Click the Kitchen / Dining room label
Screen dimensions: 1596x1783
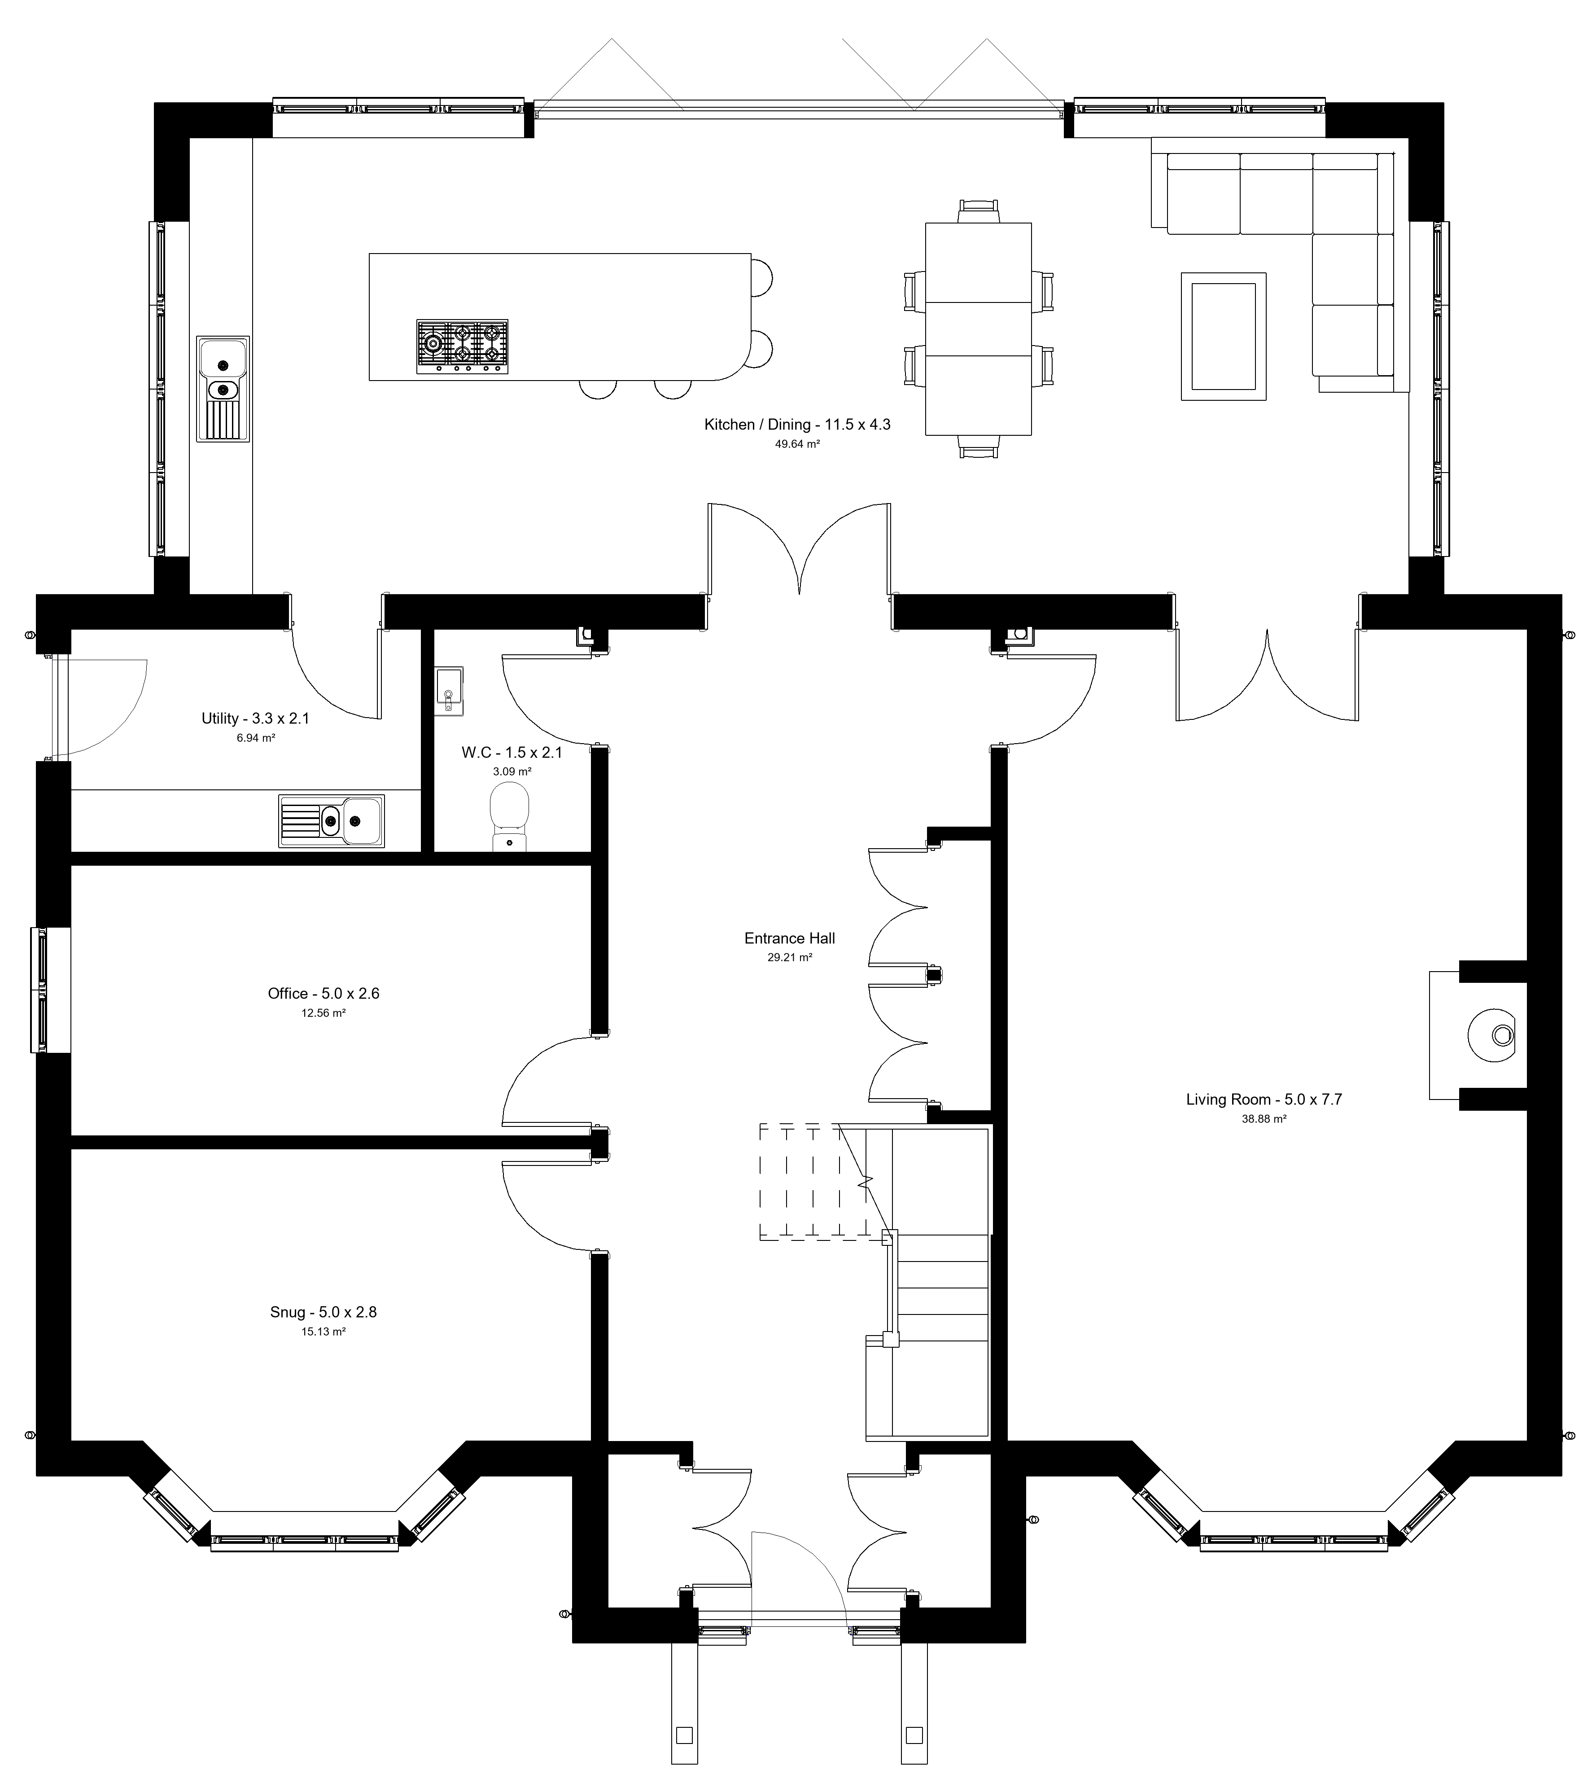pyautogui.click(x=797, y=425)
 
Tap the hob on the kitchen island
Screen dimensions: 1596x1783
pyautogui.click(x=462, y=346)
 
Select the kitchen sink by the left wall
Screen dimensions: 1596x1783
pyautogui.click(x=223, y=389)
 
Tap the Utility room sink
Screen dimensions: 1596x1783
pyautogui.click(x=332, y=821)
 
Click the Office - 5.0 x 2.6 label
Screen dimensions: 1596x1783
pyautogui.click(x=324, y=994)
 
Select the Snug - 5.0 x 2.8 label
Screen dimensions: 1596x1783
pyautogui.click(x=324, y=1312)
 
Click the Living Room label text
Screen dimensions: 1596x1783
pyautogui.click(x=1264, y=1099)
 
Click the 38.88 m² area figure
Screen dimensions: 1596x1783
pyautogui.click(x=1264, y=1119)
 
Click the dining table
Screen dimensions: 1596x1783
pyautogui.click(x=979, y=329)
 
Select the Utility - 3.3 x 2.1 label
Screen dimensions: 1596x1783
pyautogui.click(x=255, y=718)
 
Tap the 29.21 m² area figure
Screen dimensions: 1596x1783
pyautogui.click(x=789, y=958)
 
